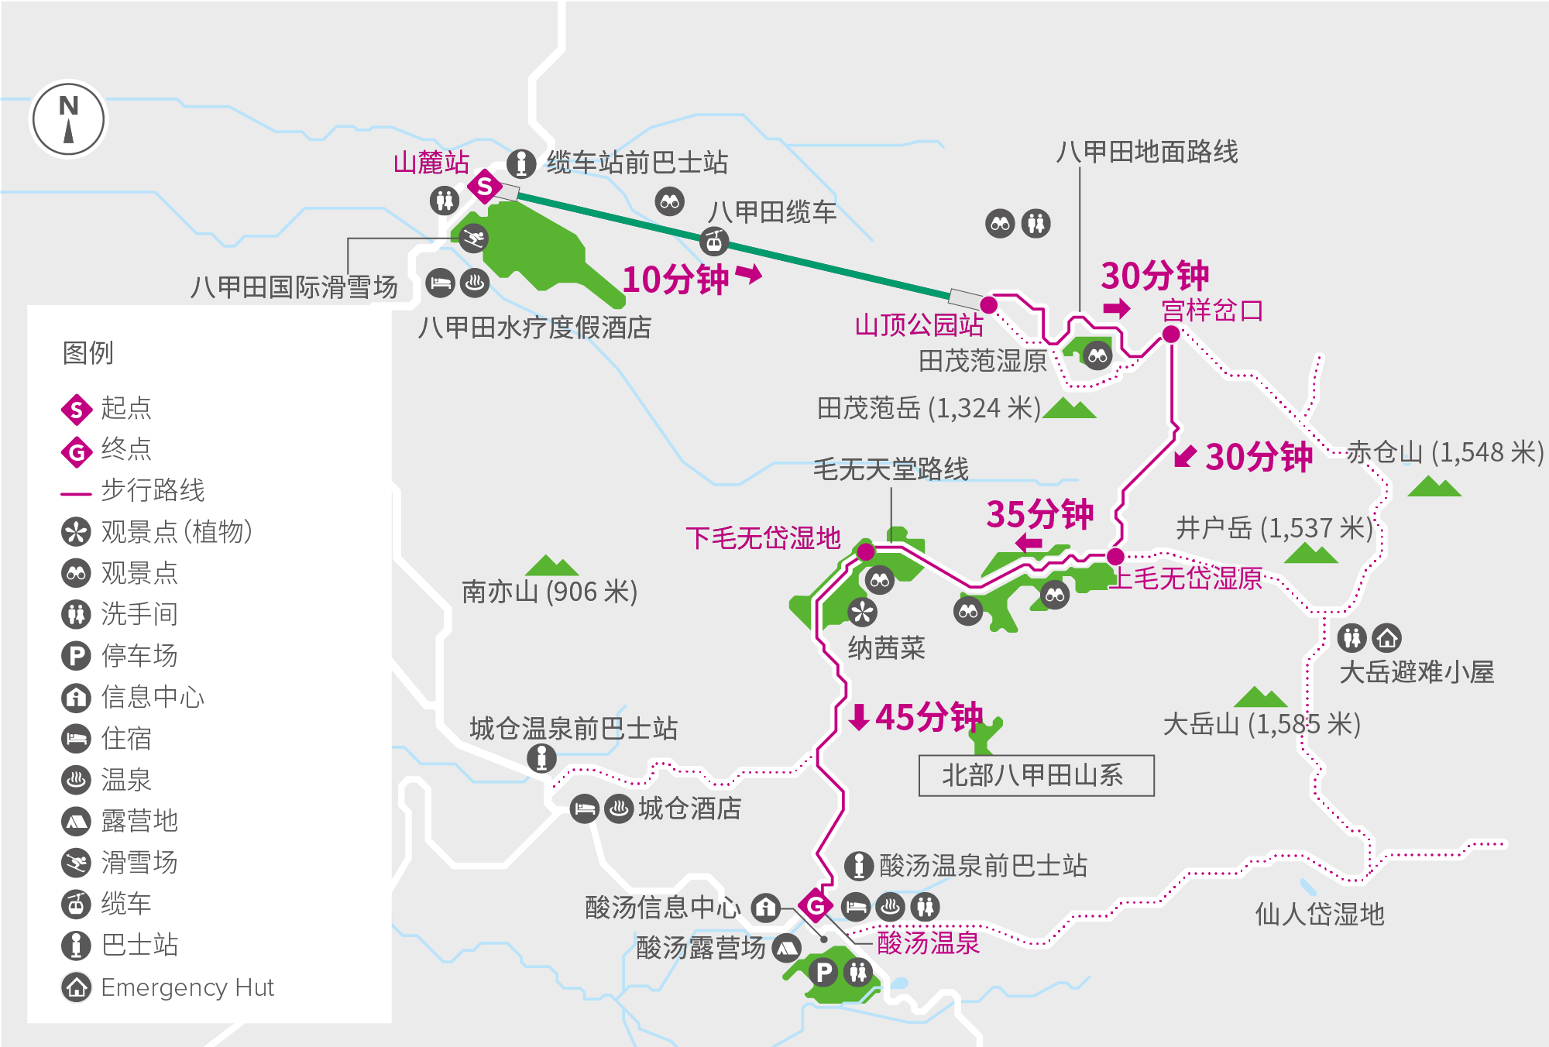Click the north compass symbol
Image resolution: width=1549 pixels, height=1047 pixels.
tap(68, 120)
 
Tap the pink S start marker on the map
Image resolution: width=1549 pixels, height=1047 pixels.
tap(485, 186)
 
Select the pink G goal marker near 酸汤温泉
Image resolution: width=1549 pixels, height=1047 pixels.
tap(816, 905)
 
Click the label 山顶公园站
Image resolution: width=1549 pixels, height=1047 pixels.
tap(919, 324)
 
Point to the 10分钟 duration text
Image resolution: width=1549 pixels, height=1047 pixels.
tap(675, 279)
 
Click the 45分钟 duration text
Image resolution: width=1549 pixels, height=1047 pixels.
tap(929, 717)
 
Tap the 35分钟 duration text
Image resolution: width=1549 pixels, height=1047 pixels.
tap(1039, 513)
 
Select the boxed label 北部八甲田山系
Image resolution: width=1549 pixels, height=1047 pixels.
tap(1036, 775)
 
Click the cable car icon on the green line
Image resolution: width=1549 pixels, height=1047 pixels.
tap(714, 242)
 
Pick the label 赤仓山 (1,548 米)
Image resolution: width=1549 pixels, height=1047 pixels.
tap(1444, 452)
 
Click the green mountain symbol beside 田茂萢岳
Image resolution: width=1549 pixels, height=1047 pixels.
tap(1070, 408)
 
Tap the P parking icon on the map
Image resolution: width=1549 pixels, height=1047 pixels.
tap(823, 972)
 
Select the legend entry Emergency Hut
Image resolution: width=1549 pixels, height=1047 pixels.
tap(187, 987)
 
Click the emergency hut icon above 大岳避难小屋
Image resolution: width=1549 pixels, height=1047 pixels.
tap(1386, 637)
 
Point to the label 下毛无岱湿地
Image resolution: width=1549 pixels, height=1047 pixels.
tap(763, 537)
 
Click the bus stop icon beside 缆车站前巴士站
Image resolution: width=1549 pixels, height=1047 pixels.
tap(521, 163)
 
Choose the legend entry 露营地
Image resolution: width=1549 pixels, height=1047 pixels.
tap(139, 821)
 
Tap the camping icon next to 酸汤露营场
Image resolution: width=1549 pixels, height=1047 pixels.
tap(786, 947)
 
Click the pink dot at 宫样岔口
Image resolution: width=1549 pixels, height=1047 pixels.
tap(1171, 334)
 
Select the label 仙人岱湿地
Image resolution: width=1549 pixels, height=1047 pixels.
tap(1319, 915)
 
